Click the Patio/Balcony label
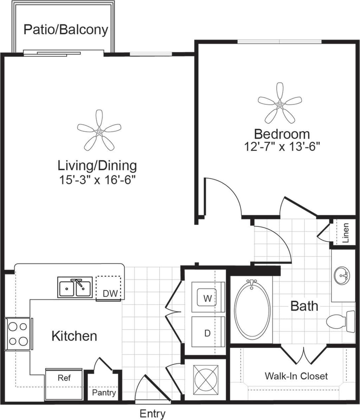(66, 29)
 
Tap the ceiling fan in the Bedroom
(280, 104)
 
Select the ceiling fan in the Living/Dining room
(99, 131)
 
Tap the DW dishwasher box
(109, 288)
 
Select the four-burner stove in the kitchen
(18, 334)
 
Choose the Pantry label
(104, 392)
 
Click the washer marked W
(208, 298)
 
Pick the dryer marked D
(207, 333)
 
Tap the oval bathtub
(252, 309)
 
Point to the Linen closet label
(346, 232)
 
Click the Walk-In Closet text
(296, 376)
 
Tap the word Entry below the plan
(152, 413)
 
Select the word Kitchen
(74, 336)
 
